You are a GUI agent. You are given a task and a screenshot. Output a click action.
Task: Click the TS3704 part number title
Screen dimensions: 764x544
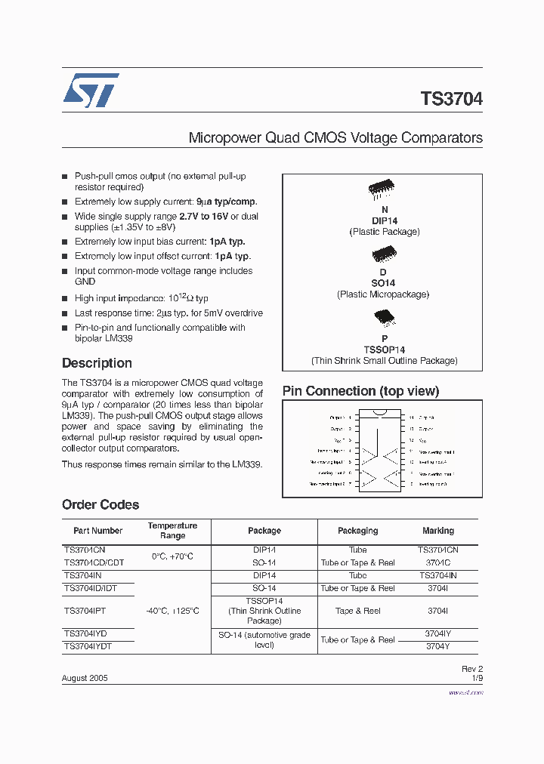tap(451, 99)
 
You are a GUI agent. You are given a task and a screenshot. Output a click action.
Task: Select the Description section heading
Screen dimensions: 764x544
tap(97, 363)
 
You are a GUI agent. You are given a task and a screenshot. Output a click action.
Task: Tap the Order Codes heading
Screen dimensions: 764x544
tap(100, 504)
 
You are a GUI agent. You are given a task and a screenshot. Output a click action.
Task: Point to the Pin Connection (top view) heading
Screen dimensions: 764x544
tap(360, 391)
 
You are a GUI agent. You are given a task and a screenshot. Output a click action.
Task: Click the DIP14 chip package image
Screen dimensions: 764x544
tap(383, 192)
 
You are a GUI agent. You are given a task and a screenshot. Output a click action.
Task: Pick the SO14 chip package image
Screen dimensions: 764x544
tap(383, 254)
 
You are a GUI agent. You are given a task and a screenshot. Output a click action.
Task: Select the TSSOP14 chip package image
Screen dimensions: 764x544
tap(383, 318)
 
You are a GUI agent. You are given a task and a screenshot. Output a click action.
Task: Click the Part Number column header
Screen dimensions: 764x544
tap(98, 531)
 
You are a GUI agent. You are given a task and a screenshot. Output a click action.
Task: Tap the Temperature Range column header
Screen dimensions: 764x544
tap(172, 531)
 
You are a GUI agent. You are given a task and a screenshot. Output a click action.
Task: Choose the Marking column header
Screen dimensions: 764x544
tap(438, 531)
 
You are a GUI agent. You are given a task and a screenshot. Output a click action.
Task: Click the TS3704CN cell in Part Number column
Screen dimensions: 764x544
tap(85, 550)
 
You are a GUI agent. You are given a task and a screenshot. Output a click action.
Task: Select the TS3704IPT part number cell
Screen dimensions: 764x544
tap(85, 611)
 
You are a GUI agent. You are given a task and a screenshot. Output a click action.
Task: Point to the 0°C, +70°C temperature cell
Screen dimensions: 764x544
tap(172, 556)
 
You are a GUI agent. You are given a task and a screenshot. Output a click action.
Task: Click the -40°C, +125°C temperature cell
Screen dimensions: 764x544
tap(172, 611)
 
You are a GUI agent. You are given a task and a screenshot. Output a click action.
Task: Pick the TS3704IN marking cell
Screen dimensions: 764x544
tap(438, 575)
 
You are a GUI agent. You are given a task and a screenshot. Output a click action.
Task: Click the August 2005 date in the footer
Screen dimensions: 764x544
tap(85, 678)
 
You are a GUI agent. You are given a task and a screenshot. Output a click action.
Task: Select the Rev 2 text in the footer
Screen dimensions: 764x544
tap(471, 669)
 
